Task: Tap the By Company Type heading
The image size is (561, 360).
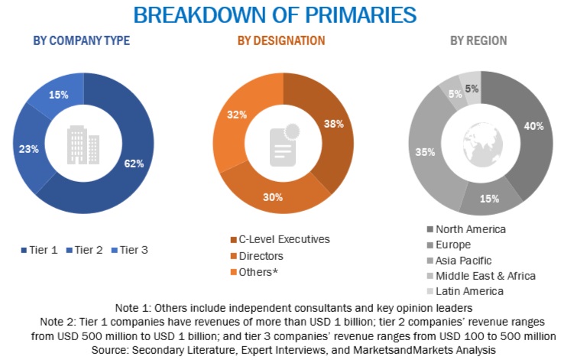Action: [81, 41]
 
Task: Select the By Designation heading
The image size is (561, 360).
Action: [280, 41]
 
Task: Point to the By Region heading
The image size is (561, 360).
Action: [478, 41]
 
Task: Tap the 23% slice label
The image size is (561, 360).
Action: [29, 149]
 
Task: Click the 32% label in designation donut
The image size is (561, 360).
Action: [237, 115]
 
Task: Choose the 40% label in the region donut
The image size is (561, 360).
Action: [533, 126]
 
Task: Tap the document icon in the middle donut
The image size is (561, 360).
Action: [283, 143]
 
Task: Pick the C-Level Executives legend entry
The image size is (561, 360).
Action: [279, 239]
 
